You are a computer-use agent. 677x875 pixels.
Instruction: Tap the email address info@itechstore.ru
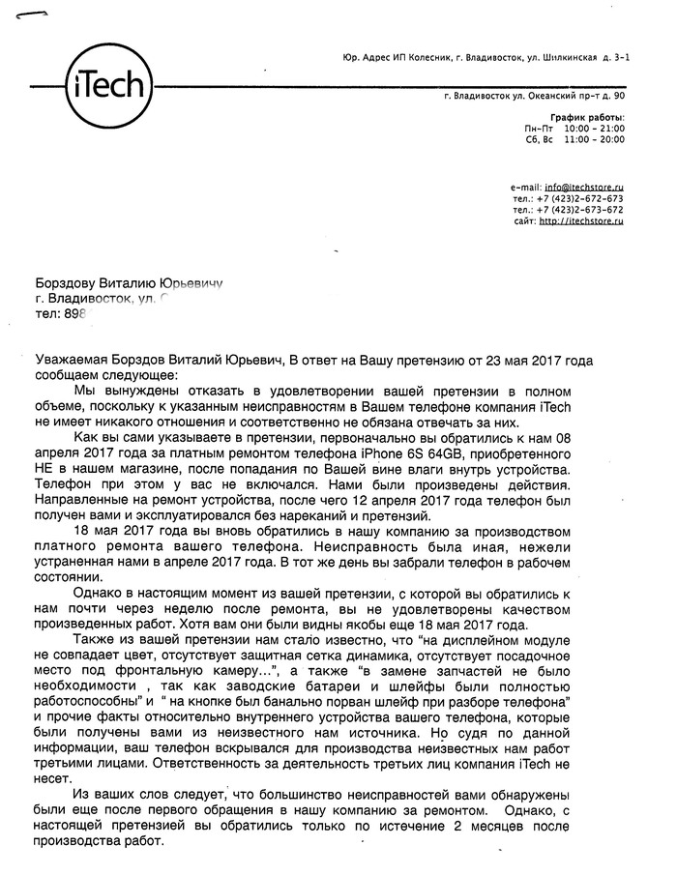(x=584, y=186)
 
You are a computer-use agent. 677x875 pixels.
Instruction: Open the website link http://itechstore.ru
(x=580, y=221)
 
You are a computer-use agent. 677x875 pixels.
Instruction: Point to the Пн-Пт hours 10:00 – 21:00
(x=595, y=128)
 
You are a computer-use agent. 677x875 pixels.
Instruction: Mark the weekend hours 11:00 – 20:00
(x=595, y=139)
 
